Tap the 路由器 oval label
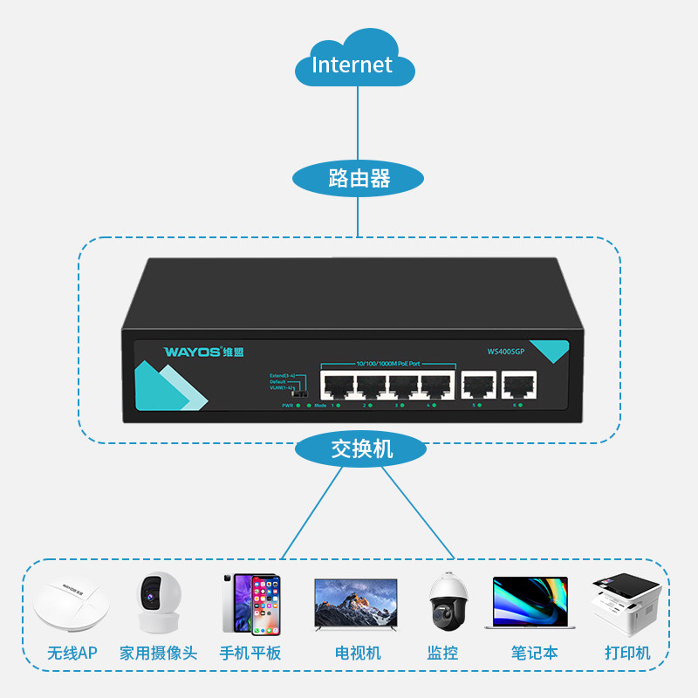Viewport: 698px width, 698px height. [358, 180]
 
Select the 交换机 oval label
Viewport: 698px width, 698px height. [361, 449]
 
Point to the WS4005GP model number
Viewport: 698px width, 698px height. [506, 352]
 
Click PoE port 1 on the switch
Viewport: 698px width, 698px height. [337, 384]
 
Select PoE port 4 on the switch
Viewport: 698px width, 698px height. [437, 384]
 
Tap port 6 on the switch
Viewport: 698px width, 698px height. [517, 384]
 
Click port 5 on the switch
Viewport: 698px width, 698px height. [478, 384]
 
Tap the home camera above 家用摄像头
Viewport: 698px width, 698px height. [158, 602]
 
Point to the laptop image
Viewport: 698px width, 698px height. [530, 602]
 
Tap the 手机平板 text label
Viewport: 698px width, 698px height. [250, 653]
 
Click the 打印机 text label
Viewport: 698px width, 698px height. [628, 653]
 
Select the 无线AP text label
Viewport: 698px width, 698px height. [72, 653]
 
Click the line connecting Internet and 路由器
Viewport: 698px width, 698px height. [357, 122]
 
